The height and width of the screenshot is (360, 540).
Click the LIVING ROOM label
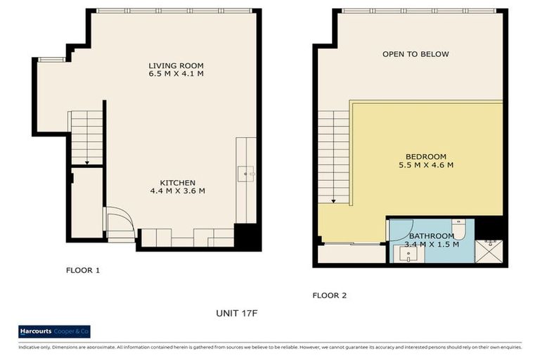pyautogui.click(x=176, y=65)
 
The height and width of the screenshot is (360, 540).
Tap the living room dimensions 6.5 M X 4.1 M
pyautogui.click(x=176, y=73)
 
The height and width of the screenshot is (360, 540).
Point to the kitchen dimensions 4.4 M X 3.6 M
pyautogui.click(x=177, y=191)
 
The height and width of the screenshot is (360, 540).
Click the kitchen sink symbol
pyautogui.click(x=245, y=172)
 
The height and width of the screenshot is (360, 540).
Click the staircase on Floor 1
pyautogui.click(x=86, y=138)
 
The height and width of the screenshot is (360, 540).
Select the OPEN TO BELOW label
pyautogui.click(x=416, y=54)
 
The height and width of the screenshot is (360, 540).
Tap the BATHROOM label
pyautogui.click(x=432, y=236)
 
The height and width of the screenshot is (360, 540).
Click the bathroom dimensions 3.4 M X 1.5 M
pyautogui.click(x=432, y=245)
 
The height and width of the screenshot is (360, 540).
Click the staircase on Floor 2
pyautogui.click(x=333, y=156)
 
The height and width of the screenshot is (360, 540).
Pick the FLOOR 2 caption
pyautogui.click(x=330, y=296)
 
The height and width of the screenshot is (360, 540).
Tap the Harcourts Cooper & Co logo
pyautogui.click(x=54, y=332)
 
